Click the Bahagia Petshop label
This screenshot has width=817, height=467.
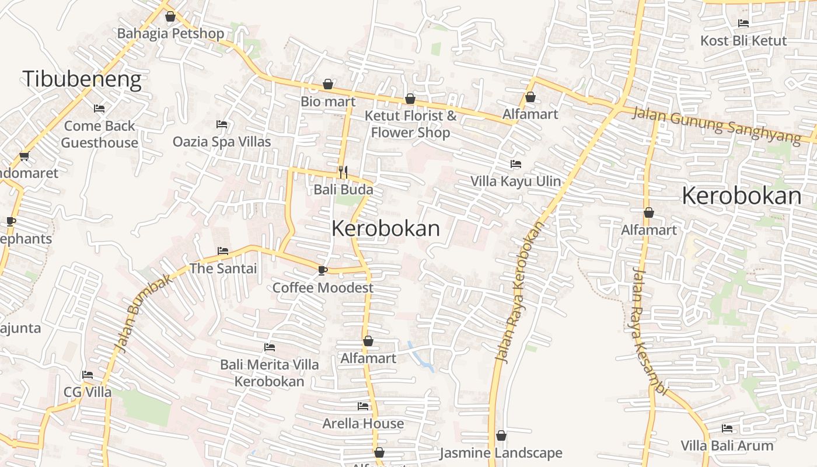170,33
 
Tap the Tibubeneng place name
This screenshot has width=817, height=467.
82,79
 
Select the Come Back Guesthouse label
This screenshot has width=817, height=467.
99,134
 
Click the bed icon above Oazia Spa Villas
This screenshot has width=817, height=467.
222,124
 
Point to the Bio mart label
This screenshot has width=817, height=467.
328,102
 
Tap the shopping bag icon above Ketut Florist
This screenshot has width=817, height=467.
410,99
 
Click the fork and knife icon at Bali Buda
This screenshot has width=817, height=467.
343,172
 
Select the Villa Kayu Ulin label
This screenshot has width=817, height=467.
516,181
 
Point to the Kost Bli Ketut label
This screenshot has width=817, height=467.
743,41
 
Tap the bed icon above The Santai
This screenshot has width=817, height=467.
223,251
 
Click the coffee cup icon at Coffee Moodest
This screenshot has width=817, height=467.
322,270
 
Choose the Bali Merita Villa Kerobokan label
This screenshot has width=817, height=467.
270,373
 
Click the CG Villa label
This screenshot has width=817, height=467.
88,392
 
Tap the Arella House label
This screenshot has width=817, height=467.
363,423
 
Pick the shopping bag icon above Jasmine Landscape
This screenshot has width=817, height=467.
501,435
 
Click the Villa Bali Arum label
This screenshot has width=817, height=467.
727,445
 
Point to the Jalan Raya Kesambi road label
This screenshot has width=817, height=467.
648,332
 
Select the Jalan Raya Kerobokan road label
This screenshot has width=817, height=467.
519,292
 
